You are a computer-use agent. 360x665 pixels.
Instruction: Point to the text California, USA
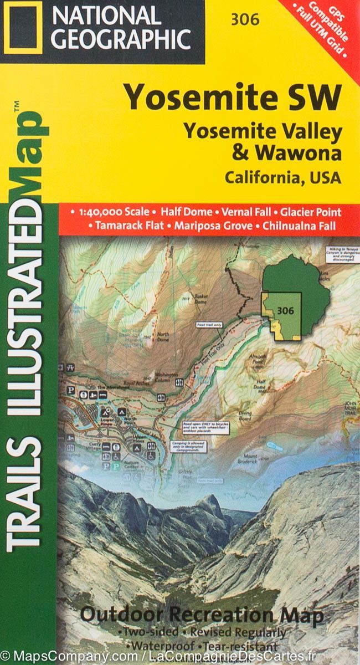(282, 178)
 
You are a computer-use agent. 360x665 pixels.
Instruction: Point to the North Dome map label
(163, 337)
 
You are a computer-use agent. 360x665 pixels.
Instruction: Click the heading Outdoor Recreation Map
(201, 615)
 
